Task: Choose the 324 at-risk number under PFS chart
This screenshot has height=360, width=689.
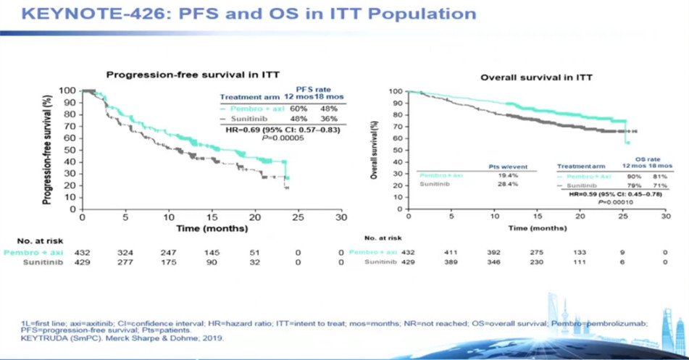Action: pos(125,251)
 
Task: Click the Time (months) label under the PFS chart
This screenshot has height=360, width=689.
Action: pos(210,227)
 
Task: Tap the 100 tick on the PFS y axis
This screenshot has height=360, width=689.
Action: pos(68,91)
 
